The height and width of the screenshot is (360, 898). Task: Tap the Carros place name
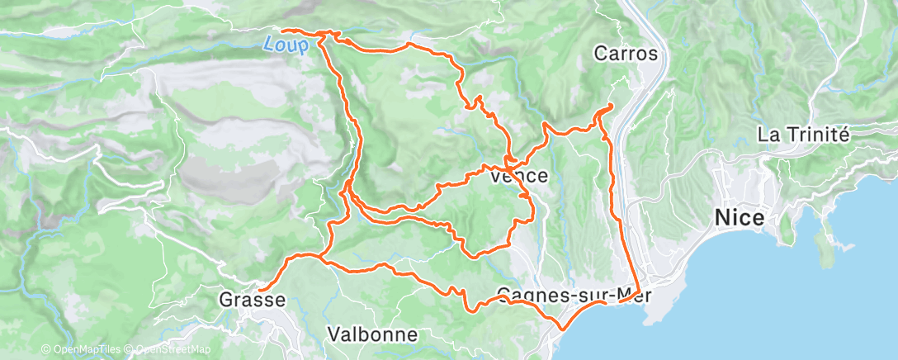pyautogui.click(x=626, y=54)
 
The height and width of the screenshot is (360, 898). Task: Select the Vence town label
pyautogui.click(x=519, y=176)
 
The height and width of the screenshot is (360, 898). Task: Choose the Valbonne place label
pyautogui.click(x=373, y=335)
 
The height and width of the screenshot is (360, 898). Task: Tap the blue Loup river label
pyautogui.click(x=281, y=45)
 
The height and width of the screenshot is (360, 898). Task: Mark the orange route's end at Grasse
pyautogui.click(x=259, y=290)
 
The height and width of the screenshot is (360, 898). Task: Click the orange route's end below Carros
pyautogui.click(x=610, y=106)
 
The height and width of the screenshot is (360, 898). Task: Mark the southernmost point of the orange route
pyautogui.click(x=560, y=329)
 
